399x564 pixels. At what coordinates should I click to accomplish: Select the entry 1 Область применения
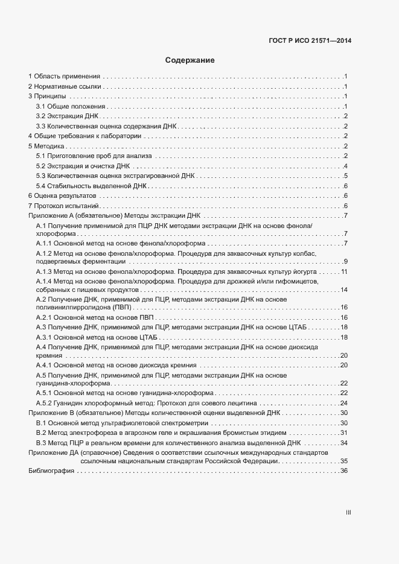(64, 77)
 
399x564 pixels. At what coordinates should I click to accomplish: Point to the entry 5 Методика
(46, 146)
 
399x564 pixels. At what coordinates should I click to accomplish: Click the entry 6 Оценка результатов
(62, 196)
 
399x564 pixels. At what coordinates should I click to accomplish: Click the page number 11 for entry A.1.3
(344, 272)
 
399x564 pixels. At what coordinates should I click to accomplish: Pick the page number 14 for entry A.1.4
(344, 290)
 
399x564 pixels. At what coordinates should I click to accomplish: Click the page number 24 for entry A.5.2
(344, 402)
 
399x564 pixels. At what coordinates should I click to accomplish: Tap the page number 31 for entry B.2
(344, 433)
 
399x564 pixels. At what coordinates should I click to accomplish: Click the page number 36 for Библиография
(344, 471)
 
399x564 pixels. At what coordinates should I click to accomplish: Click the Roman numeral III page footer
(348, 512)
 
